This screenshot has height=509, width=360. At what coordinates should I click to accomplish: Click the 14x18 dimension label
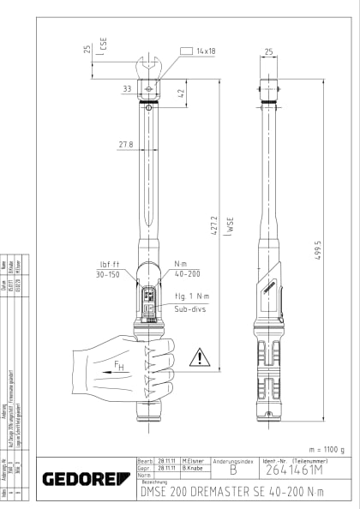[x=205, y=51]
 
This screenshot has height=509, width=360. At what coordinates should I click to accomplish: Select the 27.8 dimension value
[x=125, y=144]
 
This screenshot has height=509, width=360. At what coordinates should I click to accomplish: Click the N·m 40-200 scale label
[x=187, y=269]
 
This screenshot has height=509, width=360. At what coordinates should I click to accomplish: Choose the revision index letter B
[x=232, y=470]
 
